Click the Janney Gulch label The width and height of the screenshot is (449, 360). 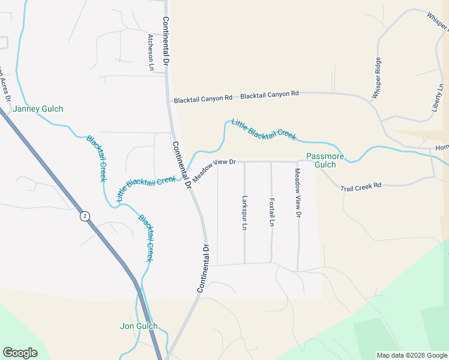point(38,109)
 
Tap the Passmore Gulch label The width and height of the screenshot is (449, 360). point(325,160)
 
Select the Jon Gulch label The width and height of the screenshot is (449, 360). point(139,326)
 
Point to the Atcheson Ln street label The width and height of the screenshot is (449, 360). point(151,52)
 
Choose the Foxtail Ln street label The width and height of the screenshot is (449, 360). point(271,212)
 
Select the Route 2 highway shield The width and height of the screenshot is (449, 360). point(85,216)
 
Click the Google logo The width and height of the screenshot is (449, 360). point(20,353)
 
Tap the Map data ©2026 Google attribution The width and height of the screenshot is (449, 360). point(411,355)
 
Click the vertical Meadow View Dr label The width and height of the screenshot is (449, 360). point(297,193)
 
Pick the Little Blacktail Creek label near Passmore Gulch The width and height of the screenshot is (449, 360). point(264,128)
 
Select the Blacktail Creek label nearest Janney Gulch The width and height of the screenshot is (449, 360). point(97,158)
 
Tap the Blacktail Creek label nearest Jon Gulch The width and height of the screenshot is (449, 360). point(146,238)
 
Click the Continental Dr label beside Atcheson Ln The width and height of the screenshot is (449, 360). point(166,41)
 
